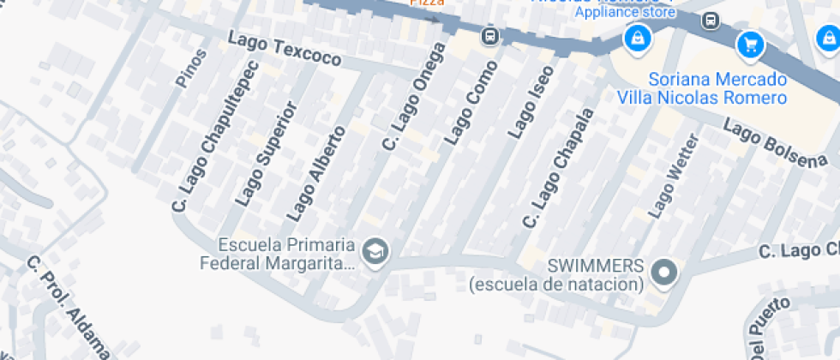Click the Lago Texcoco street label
coord(285,50)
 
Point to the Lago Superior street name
coord(265,154)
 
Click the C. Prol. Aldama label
coord(69,307)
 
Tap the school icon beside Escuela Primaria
coord(375,252)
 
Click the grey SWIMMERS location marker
coord(664,273)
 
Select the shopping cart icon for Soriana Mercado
coord(751,44)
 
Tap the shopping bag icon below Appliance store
coord(637,38)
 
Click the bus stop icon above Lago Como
coord(489,36)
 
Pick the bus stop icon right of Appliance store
coord(711,20)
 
